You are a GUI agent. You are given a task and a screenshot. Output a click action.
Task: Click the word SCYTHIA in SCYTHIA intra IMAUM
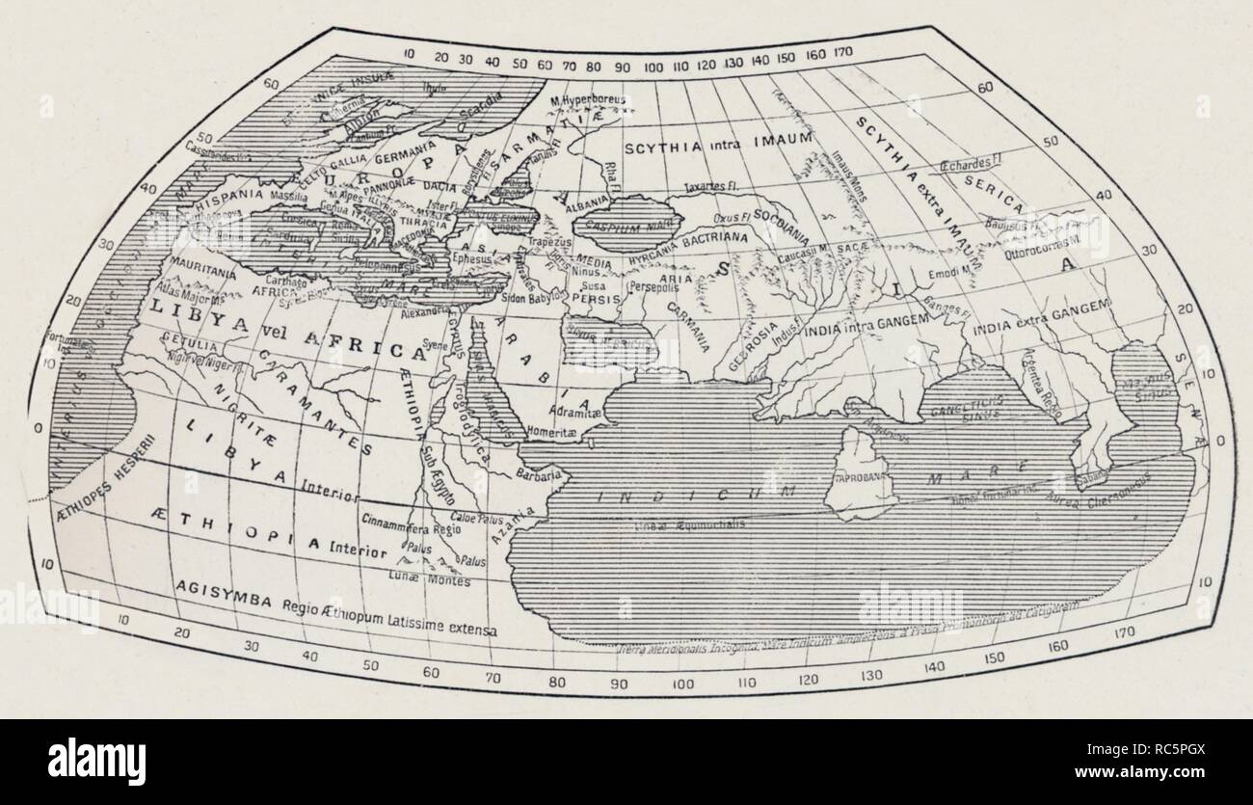click(x=663, y=148)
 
